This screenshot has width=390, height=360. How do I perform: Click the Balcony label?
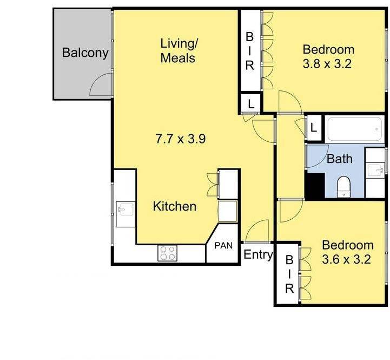85,53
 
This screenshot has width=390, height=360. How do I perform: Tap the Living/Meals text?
179,50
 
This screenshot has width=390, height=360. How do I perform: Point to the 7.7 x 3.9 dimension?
180,139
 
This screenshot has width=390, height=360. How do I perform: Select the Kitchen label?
175,206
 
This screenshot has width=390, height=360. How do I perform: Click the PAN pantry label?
223,245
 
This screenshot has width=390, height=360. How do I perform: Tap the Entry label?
258,254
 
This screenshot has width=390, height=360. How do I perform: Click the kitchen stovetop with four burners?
167,253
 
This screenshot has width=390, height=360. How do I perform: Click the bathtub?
355,129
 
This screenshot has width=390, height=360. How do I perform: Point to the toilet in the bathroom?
343,187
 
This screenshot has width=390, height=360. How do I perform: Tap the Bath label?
340,159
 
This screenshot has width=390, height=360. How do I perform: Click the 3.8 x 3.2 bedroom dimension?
327,64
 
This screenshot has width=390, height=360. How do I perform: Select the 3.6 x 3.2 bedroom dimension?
347,259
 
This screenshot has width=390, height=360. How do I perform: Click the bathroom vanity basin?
376,171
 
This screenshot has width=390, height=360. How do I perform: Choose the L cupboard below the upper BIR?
251,103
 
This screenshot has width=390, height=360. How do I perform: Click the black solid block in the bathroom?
315,186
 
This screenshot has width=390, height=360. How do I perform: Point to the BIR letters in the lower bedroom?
289,274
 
